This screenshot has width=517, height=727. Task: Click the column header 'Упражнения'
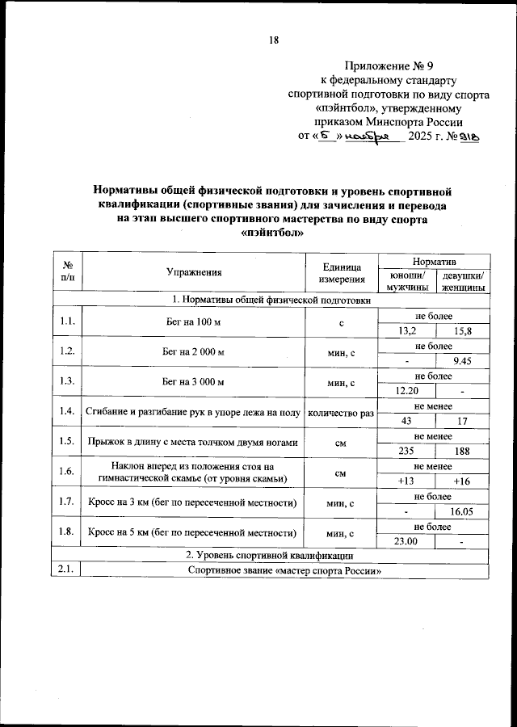pyautogui.click(x=194, y=272)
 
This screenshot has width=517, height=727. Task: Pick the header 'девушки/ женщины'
pyautogui.click(x=462, y=279)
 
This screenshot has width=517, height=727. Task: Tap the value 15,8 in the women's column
pyautogui.click(x=462, y=330)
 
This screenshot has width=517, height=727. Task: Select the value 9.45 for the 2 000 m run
pyautogui.click(x=462, y=360)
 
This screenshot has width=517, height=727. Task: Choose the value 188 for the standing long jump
pyautogui.click(x=462, y=450)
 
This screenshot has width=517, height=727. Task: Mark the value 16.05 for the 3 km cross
pyautogui.click(x=462, y=511)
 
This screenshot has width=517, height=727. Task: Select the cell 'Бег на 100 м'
pyautogui.click(x=194, y=322)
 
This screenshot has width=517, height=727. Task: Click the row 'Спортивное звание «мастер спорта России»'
pyautogui.click(x=284, y=570)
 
